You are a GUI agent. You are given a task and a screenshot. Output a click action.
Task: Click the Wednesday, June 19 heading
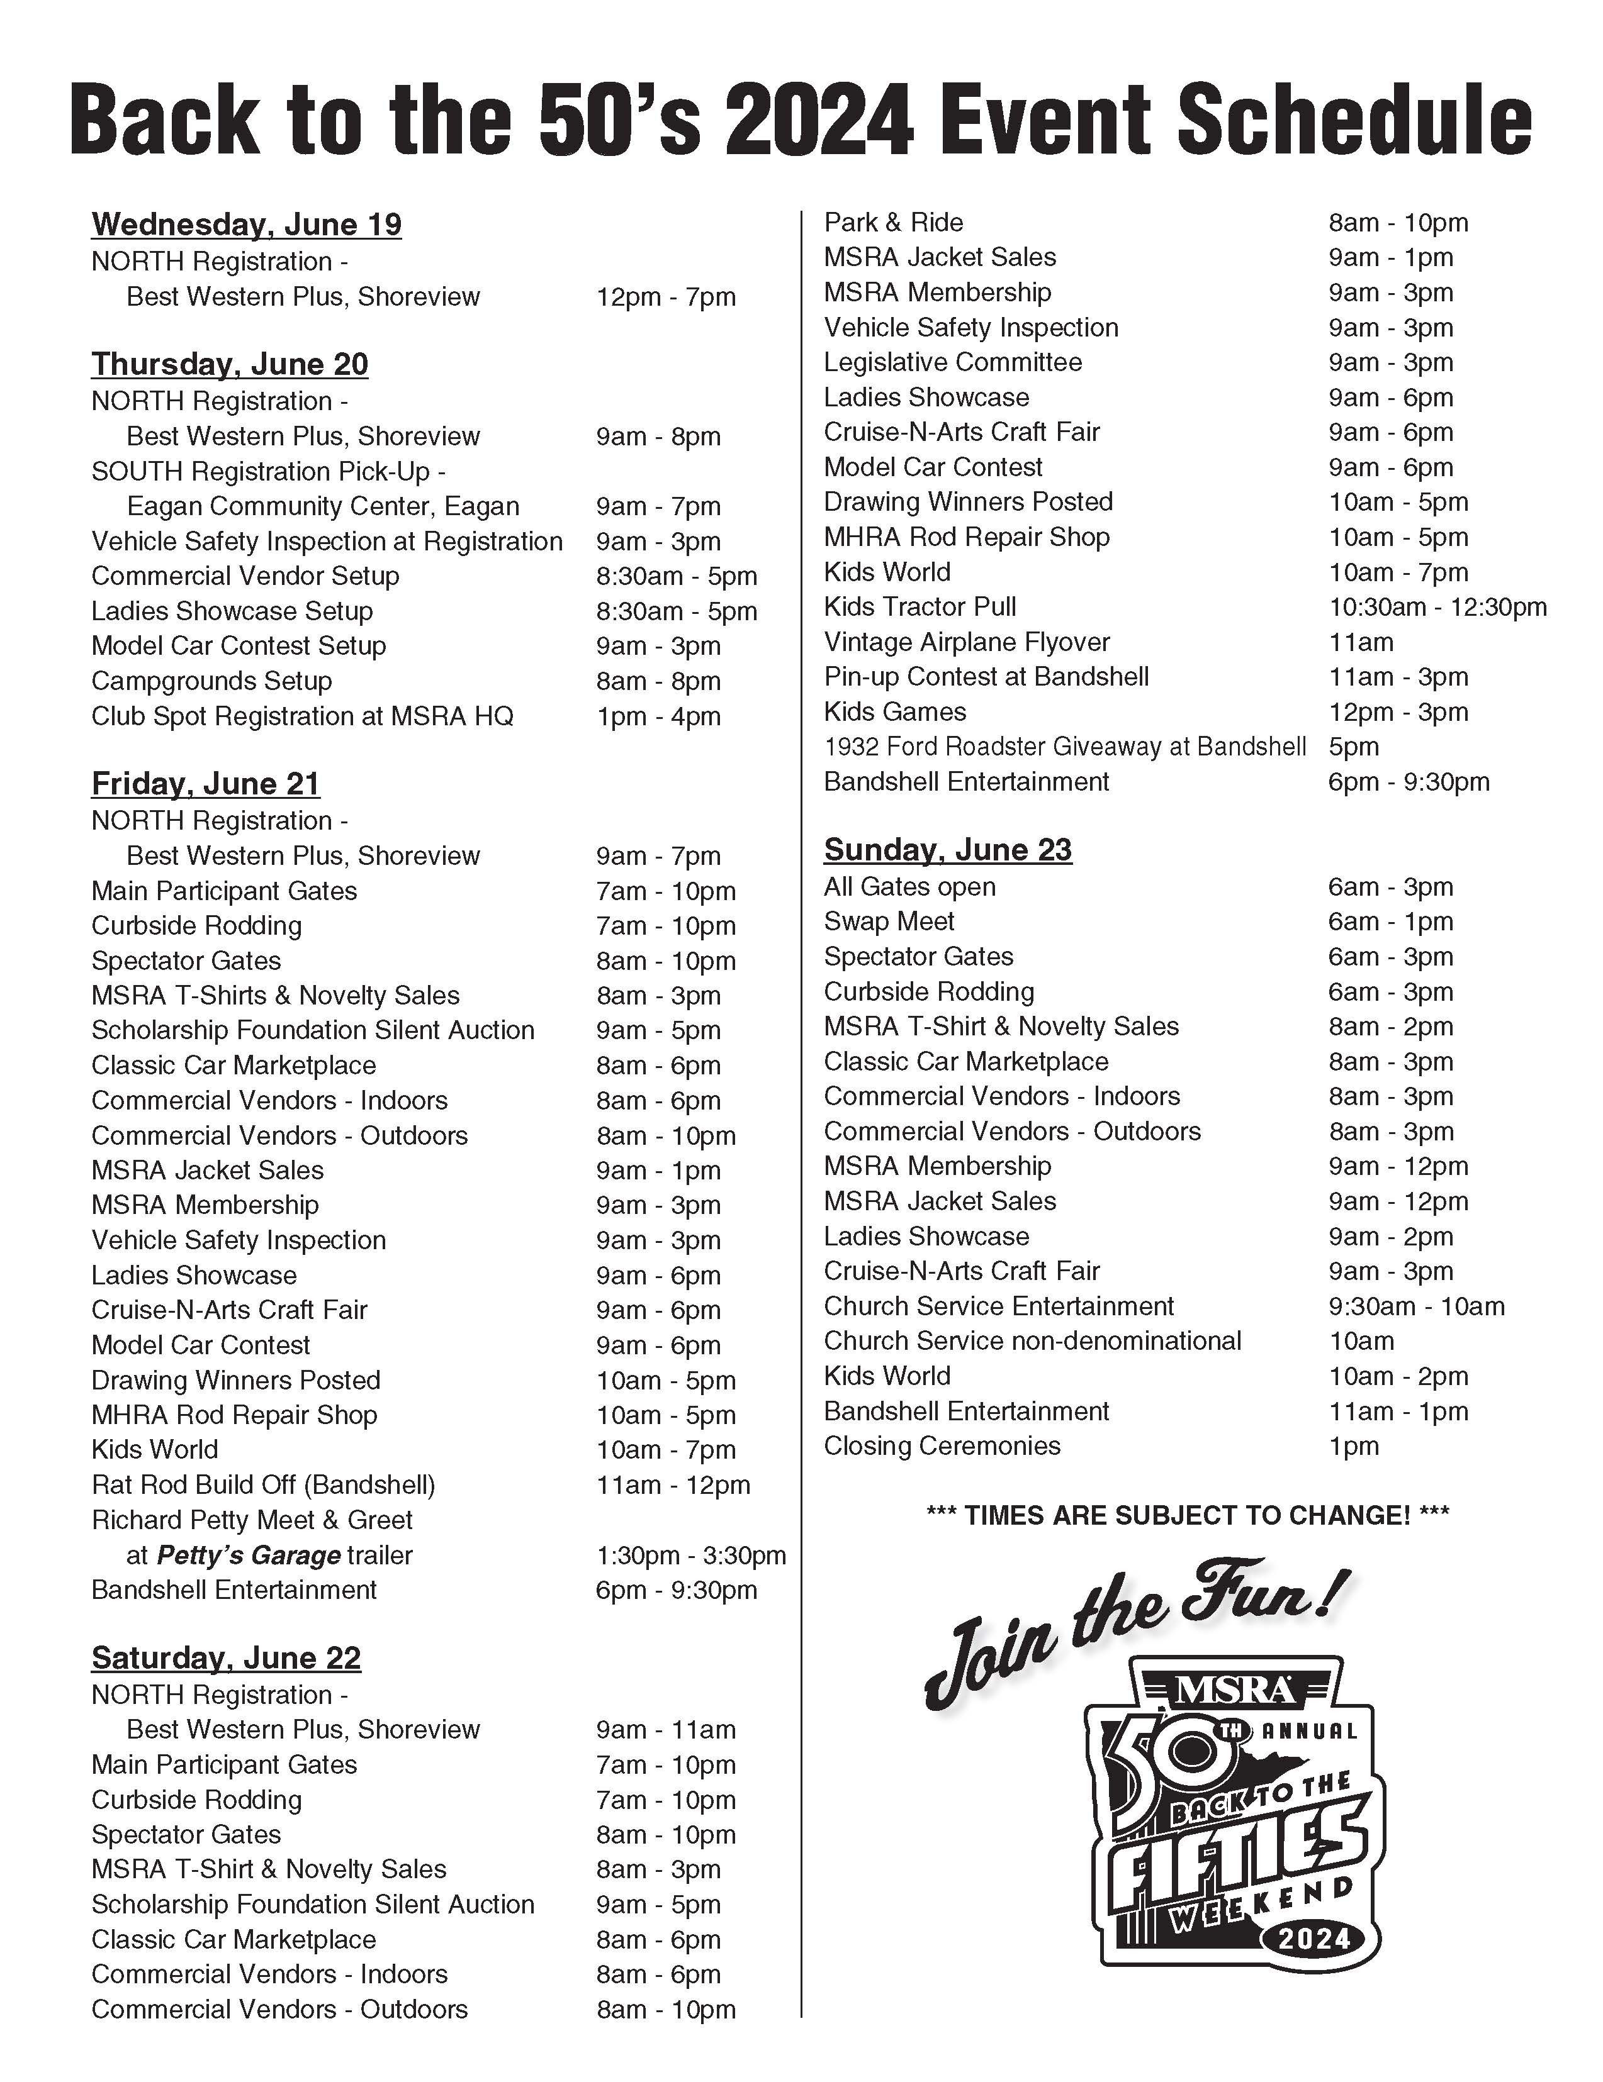(x=246, y=225)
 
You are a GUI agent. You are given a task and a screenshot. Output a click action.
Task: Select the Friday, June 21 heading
(x=205, y=784)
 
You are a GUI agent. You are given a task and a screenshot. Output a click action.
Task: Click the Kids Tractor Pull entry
(x=920, y=607)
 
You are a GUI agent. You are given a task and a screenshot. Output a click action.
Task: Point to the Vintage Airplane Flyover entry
(x=966, y=642)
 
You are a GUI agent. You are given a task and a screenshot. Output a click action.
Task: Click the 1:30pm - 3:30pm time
(x=690, y=1556)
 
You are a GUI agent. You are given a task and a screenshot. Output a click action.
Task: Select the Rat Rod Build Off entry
(x=263, y=1485)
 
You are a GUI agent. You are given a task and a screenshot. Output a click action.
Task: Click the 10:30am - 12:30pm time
(x=1437, y=607)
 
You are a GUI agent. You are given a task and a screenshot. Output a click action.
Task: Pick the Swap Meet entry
(x=889, y=922)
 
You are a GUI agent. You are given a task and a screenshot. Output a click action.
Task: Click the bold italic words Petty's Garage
(x=248, y=1556)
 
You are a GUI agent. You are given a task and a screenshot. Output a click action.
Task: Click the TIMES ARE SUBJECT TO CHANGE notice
(x=1187, y=1516)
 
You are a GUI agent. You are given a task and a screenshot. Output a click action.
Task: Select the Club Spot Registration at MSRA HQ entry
(x=302, y=717)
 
